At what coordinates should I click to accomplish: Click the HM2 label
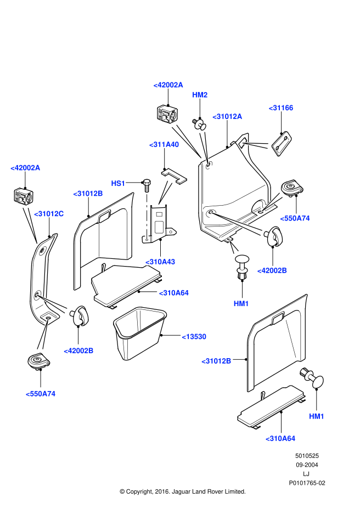(200, 95)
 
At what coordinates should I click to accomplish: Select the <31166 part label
(281, 108)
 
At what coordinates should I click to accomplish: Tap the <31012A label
(227, 116)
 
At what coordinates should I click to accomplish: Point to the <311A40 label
(164, 145)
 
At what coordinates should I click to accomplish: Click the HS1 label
(118, 183)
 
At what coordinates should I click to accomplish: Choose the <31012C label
(49, 214)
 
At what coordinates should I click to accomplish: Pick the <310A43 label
(160, 262)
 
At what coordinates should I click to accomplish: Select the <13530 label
(194, 337)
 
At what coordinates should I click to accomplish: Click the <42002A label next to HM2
(168, 85)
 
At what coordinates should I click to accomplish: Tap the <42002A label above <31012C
(25, 168)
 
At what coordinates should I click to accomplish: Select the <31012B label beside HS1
(88, 194)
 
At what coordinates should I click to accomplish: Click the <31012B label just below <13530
(216, 361)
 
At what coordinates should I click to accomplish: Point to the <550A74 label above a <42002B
(295, 218)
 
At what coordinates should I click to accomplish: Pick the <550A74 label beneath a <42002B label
(40, 394)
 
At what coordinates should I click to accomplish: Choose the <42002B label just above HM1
(272, 270)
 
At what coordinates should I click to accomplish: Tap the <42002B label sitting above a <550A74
(78, 351)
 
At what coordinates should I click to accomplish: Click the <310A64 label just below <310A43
(173, 293)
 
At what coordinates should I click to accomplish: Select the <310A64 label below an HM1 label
(280, 439)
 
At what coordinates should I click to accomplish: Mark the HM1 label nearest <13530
(241, 304)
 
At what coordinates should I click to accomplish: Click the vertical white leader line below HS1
(147, 217)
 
